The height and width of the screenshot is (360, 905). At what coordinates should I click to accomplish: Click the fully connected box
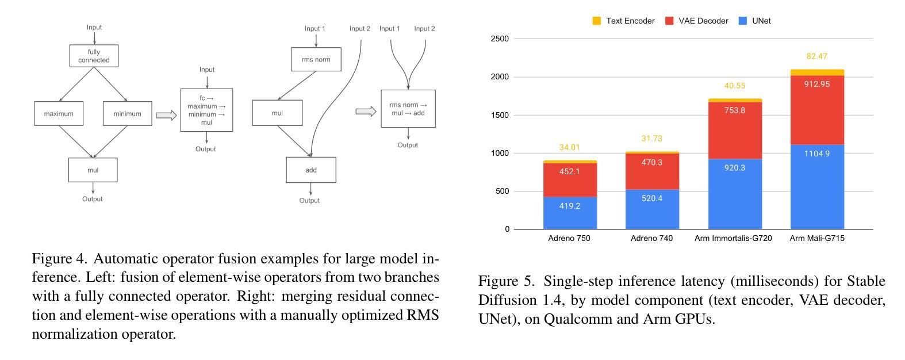pyautogui.click(x=94, y=56)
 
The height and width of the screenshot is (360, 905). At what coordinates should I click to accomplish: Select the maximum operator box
pyautogui.click(x=59, y=113)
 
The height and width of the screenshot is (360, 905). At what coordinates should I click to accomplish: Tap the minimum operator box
pyautogui.click(x=127, y=113)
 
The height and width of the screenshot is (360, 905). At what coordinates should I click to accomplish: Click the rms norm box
pyautogui.click(x=316, y=59)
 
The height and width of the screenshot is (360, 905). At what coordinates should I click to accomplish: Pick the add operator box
pyautogui.click(x=311, y=170)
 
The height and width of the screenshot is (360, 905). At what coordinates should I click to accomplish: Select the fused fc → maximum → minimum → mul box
pyautogui.click(x=206, y=110)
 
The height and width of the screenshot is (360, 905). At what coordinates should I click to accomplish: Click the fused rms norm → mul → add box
pyautogui.click(x=408, y=109)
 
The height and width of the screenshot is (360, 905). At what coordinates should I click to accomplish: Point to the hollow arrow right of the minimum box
pyautogui.click(x=167, y=115)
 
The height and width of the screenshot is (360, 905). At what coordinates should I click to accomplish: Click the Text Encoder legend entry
pyautogui.click(x=623, y=21)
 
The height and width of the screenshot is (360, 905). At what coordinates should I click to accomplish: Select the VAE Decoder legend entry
pyautogui.click(x=696, y=21)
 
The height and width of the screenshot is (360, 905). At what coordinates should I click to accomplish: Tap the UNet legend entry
pyautogui.click(x=755, y=21)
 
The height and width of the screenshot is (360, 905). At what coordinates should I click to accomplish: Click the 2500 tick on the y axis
pyautogui.click(x=500, y=39)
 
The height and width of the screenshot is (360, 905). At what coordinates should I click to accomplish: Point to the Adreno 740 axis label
pyautogui.click(x=651, y=239)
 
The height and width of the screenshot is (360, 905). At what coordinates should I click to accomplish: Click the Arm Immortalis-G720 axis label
pyautogui.click(x=733, y=239)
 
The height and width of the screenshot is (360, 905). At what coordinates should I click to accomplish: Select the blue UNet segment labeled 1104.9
pyautogui.click(x=818, y=187)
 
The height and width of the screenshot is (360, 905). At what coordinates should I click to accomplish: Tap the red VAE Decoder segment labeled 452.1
pyautogui.click(x=570, y=180)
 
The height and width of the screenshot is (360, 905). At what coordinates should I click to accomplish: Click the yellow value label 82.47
pyautogui.click(x=817, y=56)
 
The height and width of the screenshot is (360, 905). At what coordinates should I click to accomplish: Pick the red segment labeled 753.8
pyautogui.click(x=735, y=131)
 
